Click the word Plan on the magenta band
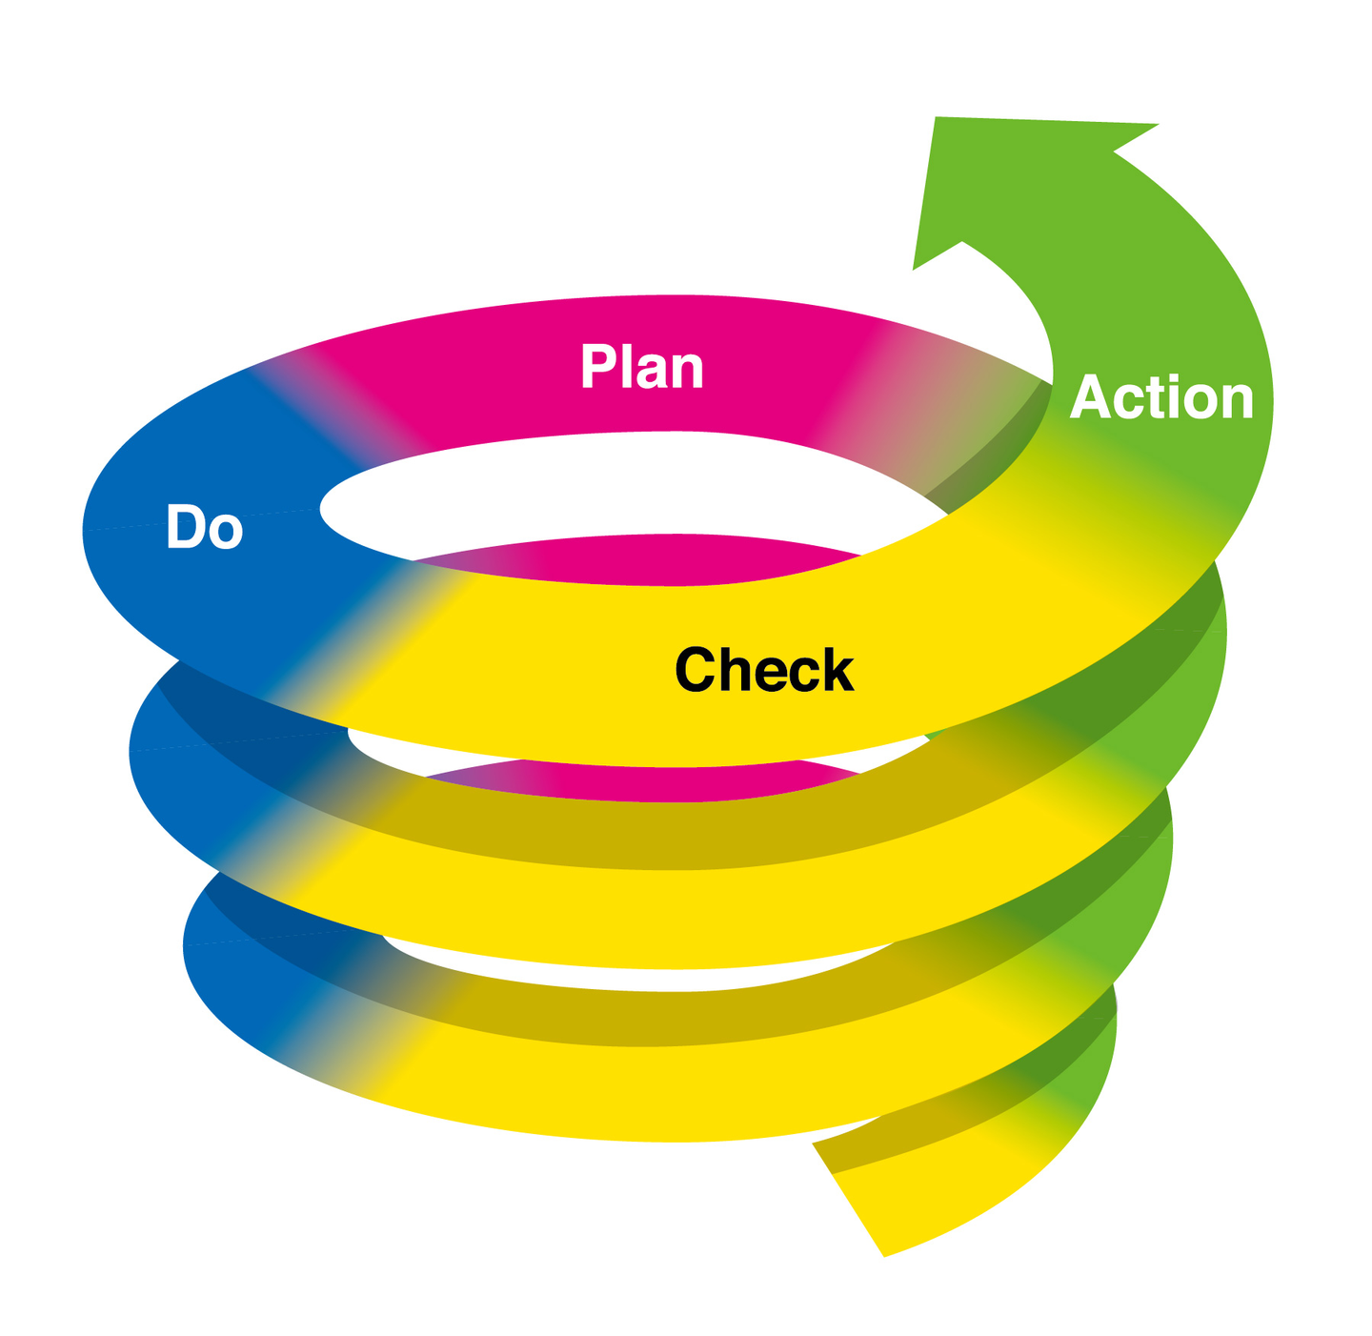click(641, 367)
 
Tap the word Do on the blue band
click(205, 527)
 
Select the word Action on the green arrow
click(1161, 397)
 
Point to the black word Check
click(764, 669)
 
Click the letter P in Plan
click(596, 367)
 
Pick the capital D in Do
click(186, 526)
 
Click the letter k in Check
click(837, 668)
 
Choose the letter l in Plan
click(623, 367)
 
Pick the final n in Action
click(1238, 403)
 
